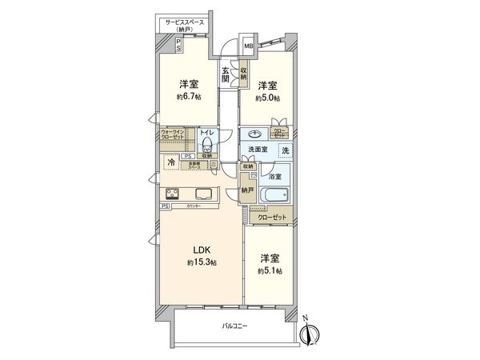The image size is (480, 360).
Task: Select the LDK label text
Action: point(197,250)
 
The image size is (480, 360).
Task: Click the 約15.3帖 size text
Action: point(197,262)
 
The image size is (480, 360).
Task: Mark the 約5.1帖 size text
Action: point(269,270)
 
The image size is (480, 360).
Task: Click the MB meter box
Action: point(248,47)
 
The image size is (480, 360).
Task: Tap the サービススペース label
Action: point(186,23)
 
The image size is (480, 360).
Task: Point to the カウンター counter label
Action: point(193,206)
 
